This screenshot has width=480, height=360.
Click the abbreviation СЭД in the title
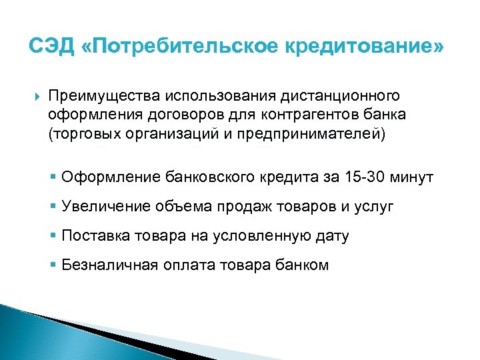point(50,47)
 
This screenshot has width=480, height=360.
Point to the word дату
point(331,235)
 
